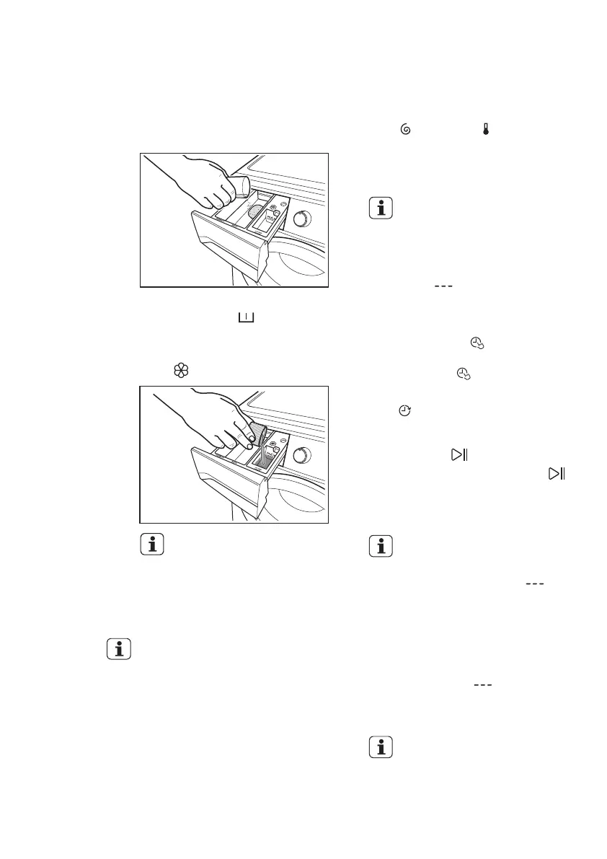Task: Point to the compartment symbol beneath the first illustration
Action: (247, 317)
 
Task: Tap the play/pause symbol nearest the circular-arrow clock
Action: (459, 454)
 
